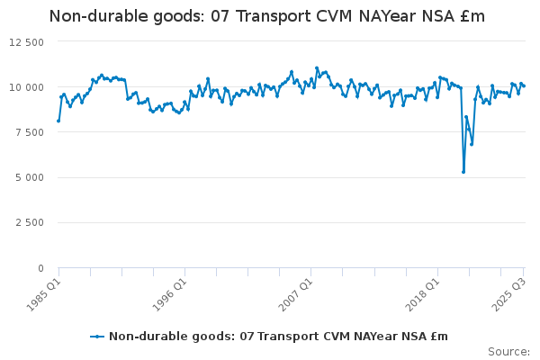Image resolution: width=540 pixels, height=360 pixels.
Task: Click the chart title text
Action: click(x=266, y=16)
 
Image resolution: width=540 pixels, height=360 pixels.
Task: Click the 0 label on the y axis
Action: click(x=40, y=268)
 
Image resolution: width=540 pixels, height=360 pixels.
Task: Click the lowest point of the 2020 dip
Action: click(x=463, y=172)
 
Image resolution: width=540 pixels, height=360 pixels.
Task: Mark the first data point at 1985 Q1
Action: click(x=58, y=121)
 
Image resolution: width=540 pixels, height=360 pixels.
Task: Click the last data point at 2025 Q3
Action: click(x=524, y=85)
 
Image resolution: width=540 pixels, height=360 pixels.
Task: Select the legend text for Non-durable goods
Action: click(x=278, y=337)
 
